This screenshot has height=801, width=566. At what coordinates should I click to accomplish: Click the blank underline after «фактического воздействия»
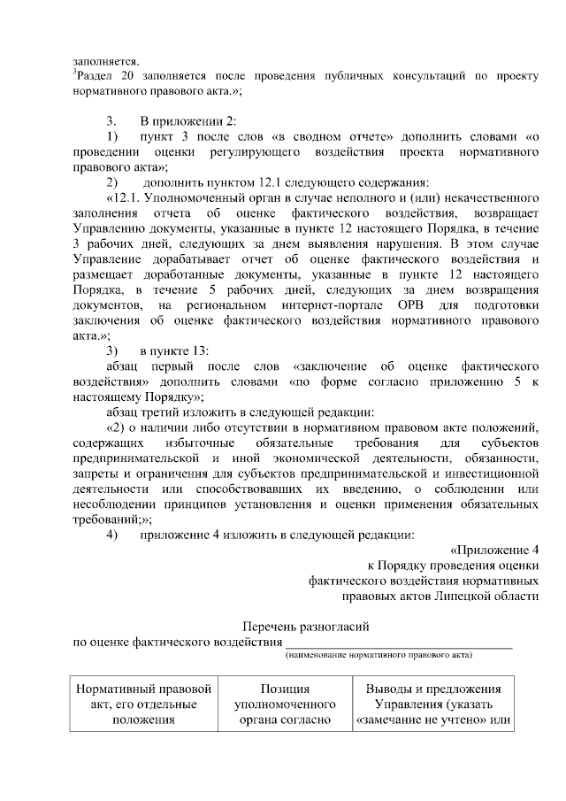(x=398, y=643)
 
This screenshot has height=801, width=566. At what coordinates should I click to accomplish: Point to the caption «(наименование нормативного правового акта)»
(x=379, y=656)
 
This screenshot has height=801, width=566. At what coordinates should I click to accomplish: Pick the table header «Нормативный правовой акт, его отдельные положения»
(x=144, y=705)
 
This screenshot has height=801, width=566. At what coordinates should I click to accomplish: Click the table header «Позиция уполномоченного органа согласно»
(x=285, y=705)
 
